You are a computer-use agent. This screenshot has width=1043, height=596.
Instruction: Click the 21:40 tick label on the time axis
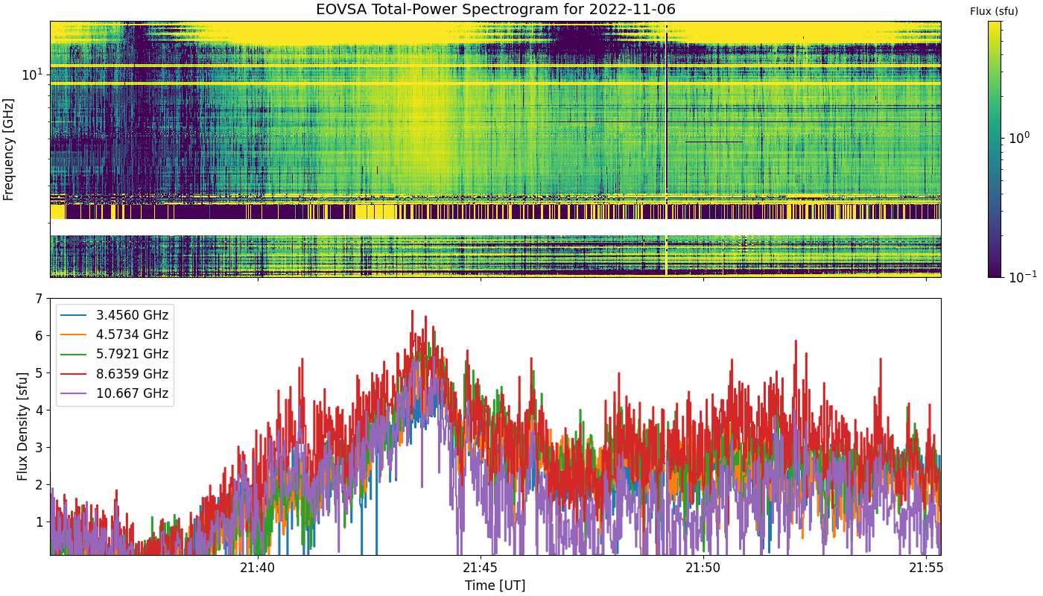tap(258, 568)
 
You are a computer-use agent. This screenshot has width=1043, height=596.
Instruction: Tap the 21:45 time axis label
tap(481, 568)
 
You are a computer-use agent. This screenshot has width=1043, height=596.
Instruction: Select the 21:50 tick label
tap(703, 568)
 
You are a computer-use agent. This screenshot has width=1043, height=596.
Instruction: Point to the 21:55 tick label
tap(926, 568)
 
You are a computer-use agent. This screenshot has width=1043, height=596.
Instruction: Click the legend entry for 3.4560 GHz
tap(115, 315)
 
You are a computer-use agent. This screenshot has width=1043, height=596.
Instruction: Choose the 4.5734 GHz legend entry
tap(115, 335)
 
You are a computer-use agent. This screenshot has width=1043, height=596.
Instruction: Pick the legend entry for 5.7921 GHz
tap(115, 355)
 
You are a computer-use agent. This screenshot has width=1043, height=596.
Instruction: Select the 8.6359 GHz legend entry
tap(115, 374)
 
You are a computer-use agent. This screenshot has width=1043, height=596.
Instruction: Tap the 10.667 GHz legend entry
tap(115, 393)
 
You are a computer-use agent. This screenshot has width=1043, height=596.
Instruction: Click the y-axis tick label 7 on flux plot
tap(39, 299)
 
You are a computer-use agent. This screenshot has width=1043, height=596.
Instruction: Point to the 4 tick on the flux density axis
tap(39, 410)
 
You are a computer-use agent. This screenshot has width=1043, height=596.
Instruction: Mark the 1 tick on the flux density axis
tap(39, 522)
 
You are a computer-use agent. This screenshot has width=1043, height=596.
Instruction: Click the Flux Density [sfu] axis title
tap(22, 426)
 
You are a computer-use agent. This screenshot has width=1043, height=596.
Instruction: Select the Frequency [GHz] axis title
tap(8, 150)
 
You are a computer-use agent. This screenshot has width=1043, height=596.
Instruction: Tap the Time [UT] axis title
tap(495, 586)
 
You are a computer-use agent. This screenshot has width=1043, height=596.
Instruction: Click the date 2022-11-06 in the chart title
tap(632, 9)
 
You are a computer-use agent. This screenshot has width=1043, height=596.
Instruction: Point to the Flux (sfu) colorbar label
tap(994, 12)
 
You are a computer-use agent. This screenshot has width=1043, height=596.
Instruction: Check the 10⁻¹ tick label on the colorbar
tap(1023, 276)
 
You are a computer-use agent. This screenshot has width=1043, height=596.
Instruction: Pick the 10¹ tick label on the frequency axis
tap(32, 74)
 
